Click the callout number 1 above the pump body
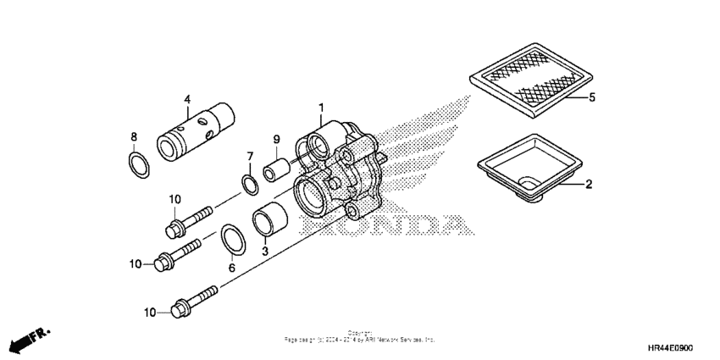pyautogui.click(x=322, y=108)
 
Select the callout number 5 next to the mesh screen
pyautogui.click(x=592, y=98)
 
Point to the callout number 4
pyautogui.click(x=188, y=98)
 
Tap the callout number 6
pyautogui.click(x=230, y=268)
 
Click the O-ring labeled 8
pyautogui.click(x=140, y=164)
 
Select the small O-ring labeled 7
pyautogui.click(x=247, y=183)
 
